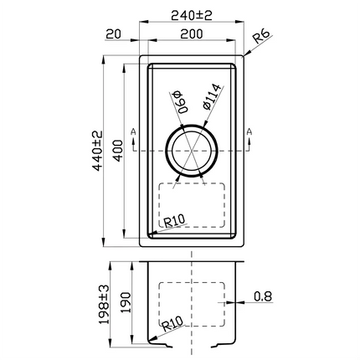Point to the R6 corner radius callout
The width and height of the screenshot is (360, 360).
pyautogui.click(x=261, y=35)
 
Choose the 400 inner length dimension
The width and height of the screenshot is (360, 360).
pyautogui.click(x=118, y=150)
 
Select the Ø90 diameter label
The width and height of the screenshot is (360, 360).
pyautogui.click(x=179, y=103)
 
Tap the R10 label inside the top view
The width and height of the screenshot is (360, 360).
pyautogui.click(x=175, y=222)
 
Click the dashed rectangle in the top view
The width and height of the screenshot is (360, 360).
pyautogui.click(x=193, y=205)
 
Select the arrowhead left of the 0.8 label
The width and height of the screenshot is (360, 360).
pyautogui.click(x=236, y=300)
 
